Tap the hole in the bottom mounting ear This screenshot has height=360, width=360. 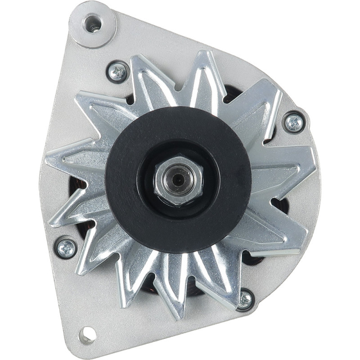(87, 334)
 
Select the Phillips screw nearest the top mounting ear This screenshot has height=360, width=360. (118, 72)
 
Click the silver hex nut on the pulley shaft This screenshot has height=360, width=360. (179, 180)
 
